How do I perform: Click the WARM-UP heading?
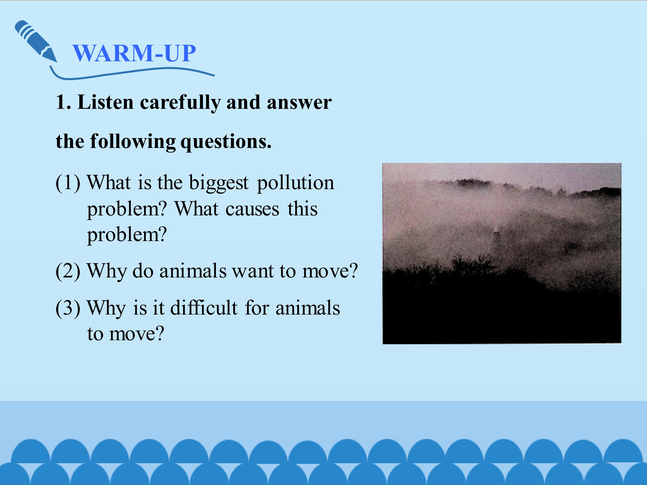134,53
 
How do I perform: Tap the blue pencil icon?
36,41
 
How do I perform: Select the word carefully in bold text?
180,103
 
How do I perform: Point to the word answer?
299,103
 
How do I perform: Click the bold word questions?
226,142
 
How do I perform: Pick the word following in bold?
133,142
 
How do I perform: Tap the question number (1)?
68,183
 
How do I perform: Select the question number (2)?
68,271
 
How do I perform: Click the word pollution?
295,183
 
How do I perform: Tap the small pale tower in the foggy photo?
496,236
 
